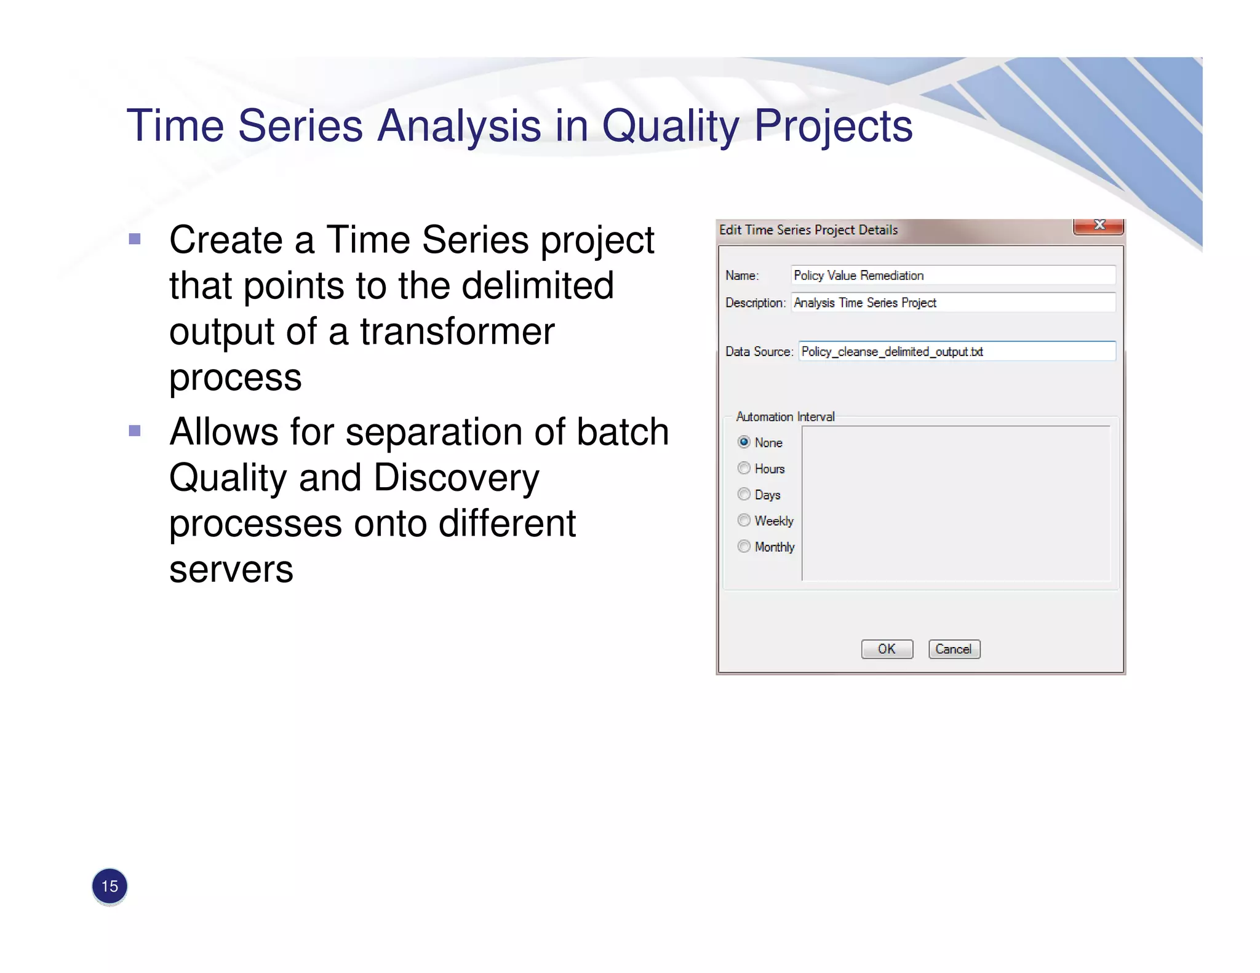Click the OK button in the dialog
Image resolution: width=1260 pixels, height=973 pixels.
[x=887, y=649]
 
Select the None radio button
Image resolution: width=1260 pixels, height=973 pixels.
[x=744, y=442]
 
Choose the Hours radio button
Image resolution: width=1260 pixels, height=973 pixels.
[x=744, y=469]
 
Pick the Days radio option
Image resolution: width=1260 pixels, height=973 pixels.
[x=744, y=494]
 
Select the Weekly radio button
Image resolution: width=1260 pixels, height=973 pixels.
[x=744, y=521]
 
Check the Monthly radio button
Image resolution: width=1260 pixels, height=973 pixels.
[x=744, y=547]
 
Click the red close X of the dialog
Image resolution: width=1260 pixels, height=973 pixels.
[x=1099, y=226]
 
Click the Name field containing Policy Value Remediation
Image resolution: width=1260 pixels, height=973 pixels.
[x=952, y=276]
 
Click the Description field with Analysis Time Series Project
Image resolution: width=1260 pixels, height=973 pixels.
[x=952, y=303]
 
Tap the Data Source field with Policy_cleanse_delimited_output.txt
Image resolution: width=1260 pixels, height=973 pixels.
[x=956, y=351]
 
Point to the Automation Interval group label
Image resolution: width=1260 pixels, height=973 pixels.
[x=785, y=417]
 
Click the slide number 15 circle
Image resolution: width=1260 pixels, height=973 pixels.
[x=110, y=886]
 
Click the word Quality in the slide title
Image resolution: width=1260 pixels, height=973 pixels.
[x=670, y=126]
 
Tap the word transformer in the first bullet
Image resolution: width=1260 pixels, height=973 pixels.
[x=457, y=332]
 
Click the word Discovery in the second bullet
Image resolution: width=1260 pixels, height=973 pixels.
[x=456, y=479]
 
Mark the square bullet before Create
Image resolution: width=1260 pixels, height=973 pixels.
[x=135, y=239]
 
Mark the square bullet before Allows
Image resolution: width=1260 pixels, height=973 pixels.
[x=135, y=431]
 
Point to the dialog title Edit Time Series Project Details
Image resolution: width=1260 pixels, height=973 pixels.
[x=808, y=230]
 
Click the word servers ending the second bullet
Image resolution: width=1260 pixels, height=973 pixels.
[x=231, y=570]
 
